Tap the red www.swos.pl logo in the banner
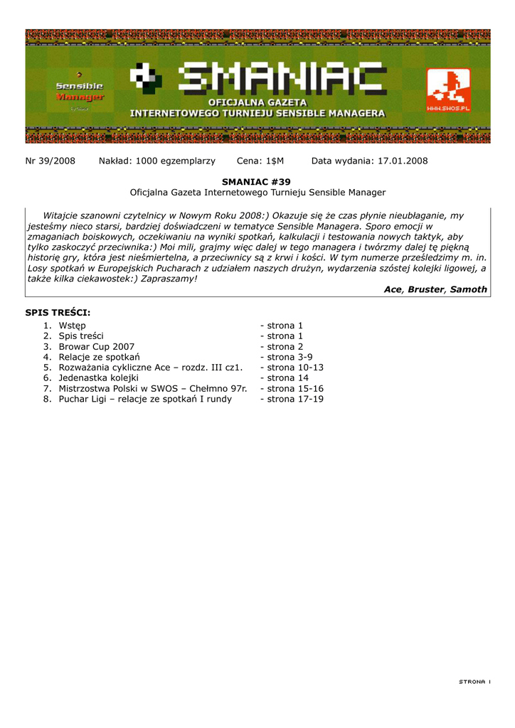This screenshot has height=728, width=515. point(448,90)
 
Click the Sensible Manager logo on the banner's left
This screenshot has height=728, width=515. point(80,92)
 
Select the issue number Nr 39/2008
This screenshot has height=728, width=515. point(50,161)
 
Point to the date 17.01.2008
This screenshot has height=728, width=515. point(403,161)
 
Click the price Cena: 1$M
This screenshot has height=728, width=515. point(260,161)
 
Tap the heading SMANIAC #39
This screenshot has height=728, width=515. point(257,182)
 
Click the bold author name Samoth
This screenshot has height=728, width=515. point(469,289)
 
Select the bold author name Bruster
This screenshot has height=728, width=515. point(425,289)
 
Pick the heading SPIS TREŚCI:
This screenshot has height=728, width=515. point(58,312)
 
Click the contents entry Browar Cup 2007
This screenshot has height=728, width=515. point(97,346)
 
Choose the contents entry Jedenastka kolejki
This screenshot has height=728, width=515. point(99,378)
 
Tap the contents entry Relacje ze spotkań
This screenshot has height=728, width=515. point(100,357)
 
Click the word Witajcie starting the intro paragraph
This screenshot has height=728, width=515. point(64,215)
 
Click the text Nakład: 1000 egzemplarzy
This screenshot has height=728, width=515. point(156,161)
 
